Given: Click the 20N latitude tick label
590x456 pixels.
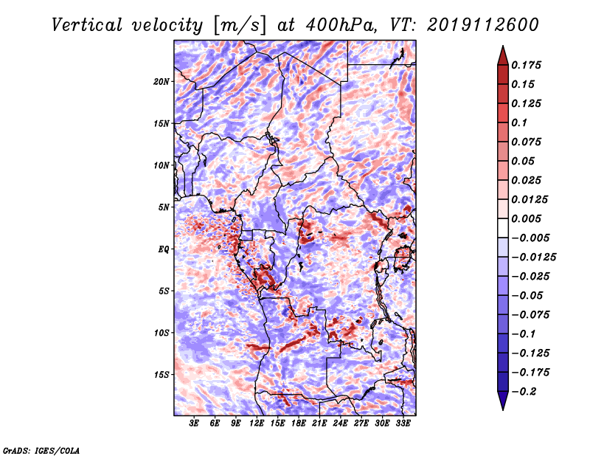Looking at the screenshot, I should [x=162, y=81].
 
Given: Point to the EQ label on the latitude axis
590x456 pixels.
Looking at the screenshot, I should [x=164, y=249].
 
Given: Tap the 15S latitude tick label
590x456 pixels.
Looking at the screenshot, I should [x=162, y=375].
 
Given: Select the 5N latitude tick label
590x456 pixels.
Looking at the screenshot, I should [x=164, y=207].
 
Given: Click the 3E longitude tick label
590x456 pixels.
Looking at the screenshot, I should [x=194, y=424].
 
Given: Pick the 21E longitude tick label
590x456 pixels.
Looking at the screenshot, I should [x=319, y=424].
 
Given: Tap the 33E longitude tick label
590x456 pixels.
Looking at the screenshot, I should [x=403, y=424].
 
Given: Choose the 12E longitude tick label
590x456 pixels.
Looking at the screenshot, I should [x=257, y=424].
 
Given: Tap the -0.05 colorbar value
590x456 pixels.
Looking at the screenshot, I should [x=527, y=295].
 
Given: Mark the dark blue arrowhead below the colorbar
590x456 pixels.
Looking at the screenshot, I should [x=502, y=402].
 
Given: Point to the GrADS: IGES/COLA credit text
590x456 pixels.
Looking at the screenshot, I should [x=41, y=449].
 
